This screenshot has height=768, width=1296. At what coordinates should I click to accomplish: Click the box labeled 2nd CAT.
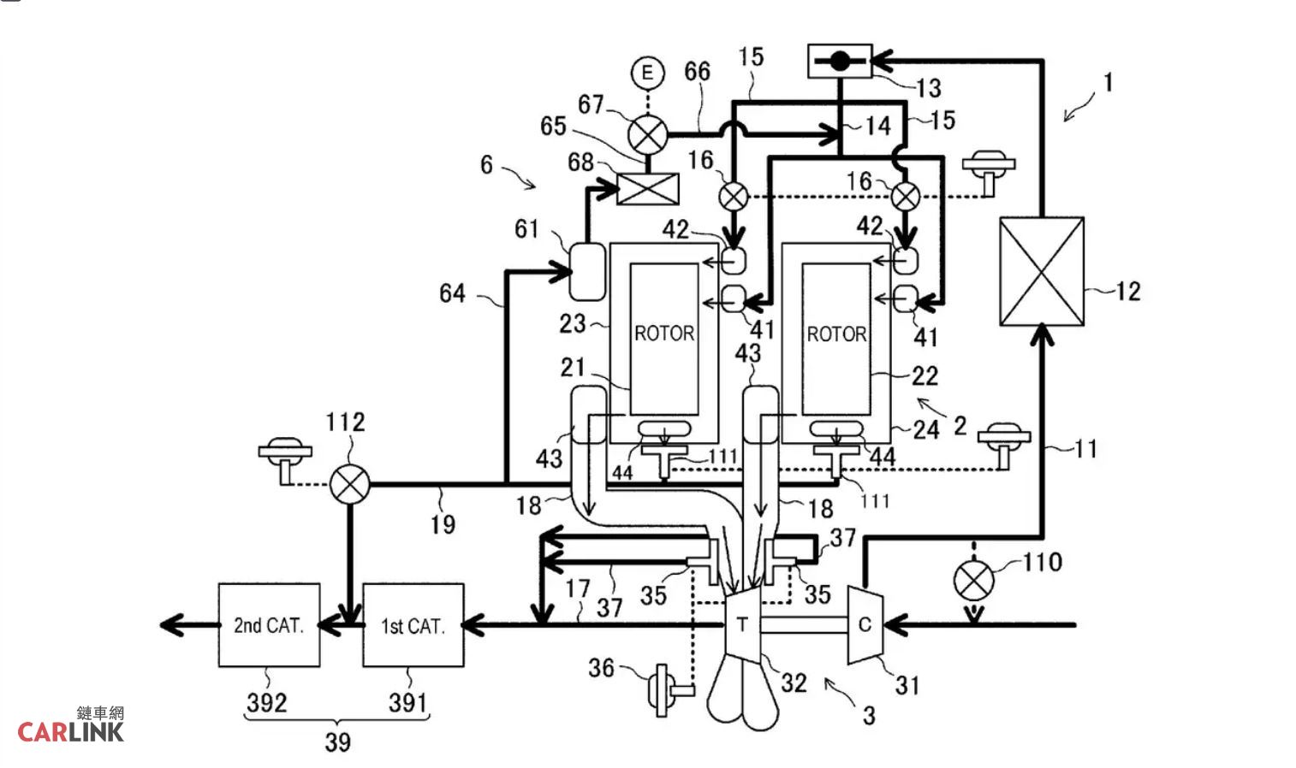269,625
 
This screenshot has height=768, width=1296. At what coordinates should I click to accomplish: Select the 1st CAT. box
413,625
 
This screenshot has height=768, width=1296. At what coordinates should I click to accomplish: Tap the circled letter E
647,72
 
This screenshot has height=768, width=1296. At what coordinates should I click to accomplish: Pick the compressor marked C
865,624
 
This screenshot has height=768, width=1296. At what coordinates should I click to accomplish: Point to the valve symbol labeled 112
349,484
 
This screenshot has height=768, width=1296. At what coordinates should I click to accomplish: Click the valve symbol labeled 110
974,581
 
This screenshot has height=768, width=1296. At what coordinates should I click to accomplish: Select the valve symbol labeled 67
647,134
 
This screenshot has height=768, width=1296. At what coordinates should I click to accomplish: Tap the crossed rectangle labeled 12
1042,271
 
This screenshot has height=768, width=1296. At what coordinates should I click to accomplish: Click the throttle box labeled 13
840,60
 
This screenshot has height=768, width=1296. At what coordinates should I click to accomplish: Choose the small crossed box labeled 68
647,188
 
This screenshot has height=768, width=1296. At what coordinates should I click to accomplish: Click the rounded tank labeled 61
587,272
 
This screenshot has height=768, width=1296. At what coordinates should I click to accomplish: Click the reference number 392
267,703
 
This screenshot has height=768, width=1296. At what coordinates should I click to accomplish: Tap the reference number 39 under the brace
338,742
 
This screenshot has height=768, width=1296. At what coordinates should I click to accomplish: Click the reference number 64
452,293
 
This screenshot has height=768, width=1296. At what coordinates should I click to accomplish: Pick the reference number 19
443,524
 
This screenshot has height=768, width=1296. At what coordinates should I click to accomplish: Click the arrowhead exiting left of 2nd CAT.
172,625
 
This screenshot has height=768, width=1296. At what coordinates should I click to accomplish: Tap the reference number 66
697,72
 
